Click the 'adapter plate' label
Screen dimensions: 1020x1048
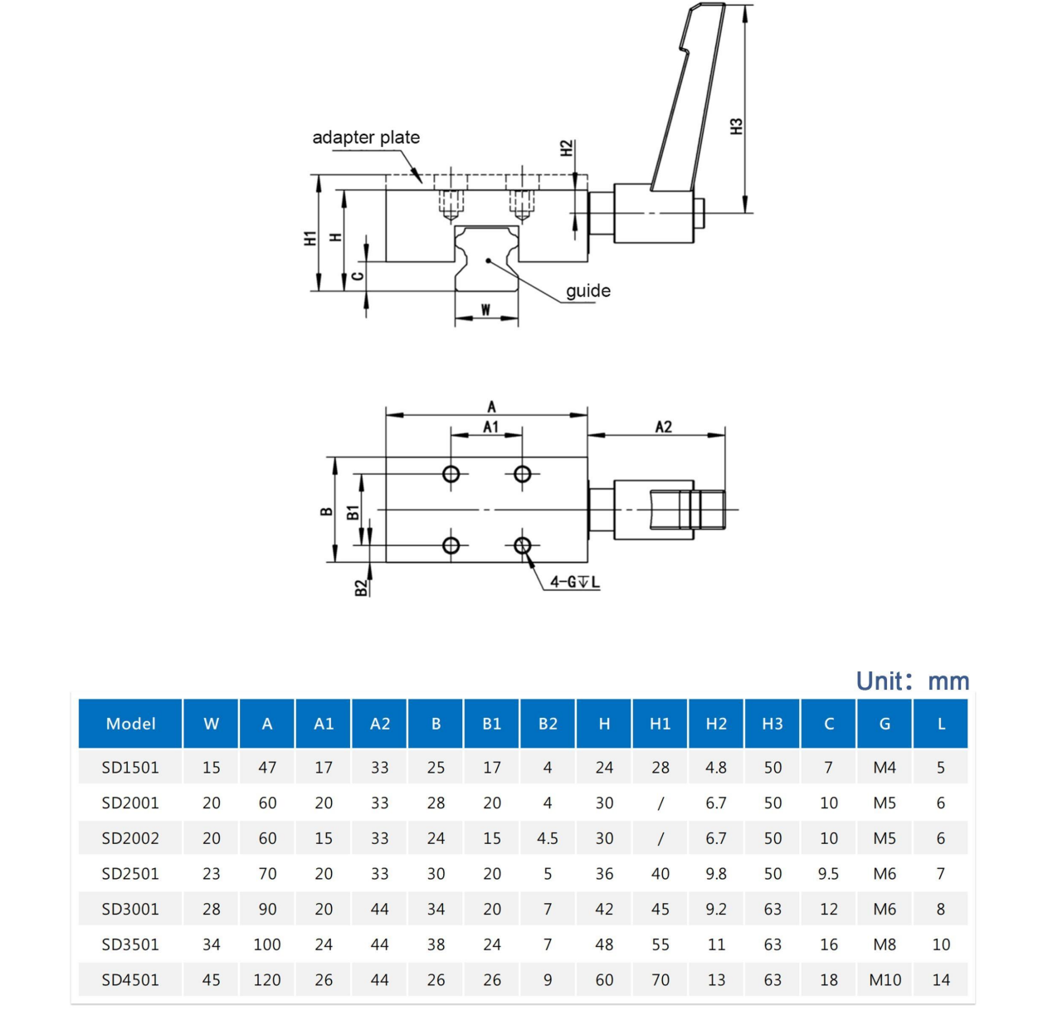[x=366, y=138]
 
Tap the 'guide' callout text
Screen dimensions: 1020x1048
[x=588, y=291]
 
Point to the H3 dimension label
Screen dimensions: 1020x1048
[x=736, y=126]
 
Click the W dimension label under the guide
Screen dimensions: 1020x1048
[x=485, y=310]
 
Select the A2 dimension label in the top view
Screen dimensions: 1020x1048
[x=663, y=427]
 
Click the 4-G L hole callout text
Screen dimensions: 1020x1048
[x=574, y=582]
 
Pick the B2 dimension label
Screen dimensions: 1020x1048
[x=360, y=588]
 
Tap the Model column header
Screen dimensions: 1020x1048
[x=130, y=724]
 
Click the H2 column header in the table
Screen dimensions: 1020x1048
[x=716, y=724]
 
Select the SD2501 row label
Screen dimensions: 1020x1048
[x=130, y=874]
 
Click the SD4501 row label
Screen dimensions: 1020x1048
[x=130, y=980]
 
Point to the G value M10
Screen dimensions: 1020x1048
[x=885, y=980]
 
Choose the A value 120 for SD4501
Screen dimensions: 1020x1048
[x=267, y=980]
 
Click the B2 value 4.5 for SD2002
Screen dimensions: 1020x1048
[x=548, y=838]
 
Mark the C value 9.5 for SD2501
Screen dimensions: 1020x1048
[x=828, y=874]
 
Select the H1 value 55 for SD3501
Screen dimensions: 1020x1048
[x=660, y=944]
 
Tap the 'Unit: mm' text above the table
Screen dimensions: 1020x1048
[x=912, y=681]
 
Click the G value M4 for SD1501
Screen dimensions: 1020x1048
[x=885, y=768]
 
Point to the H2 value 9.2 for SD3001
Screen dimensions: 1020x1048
[x=716, y=910]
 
